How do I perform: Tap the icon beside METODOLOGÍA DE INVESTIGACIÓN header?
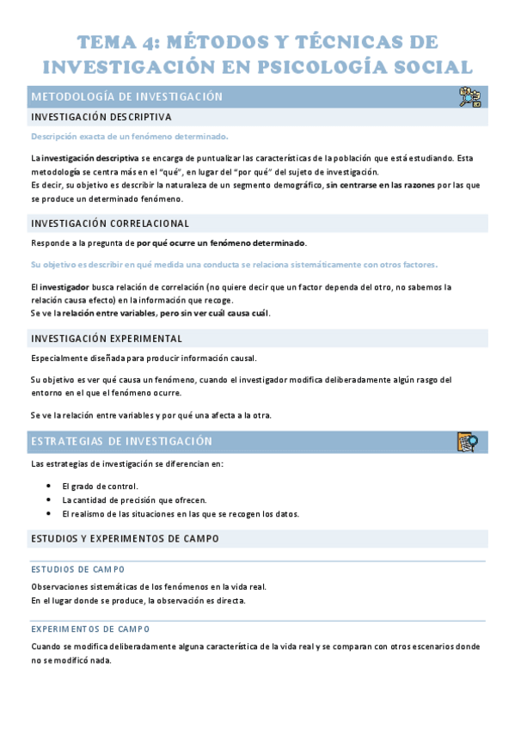[x=469, y=97]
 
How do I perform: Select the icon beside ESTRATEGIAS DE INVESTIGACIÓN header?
[x=468, y=442]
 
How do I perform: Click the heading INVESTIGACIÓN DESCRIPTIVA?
[x=101, y=117]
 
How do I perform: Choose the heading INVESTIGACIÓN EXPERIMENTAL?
[x=107, y=338]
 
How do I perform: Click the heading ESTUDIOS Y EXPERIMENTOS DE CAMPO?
[x=125, y=539]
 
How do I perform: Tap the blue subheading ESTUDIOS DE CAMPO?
[x=77, y=569]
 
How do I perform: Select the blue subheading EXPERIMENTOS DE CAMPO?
[x=90, y=628]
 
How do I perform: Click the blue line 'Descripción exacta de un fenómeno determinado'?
[x=129, y=137]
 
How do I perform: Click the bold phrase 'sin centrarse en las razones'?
[x=380, y=185]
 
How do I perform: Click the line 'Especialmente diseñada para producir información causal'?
[x=143, y=358]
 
